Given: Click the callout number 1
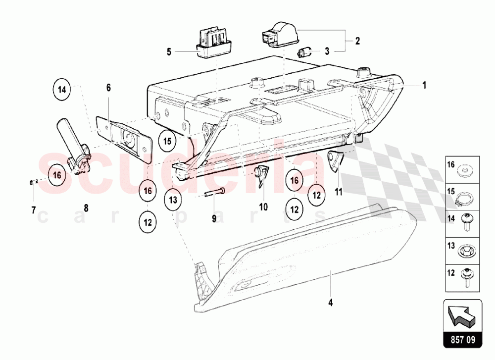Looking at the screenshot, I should [x=424, y=85].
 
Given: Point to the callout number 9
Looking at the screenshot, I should [x=214, y=218].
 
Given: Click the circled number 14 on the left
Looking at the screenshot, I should [x=62, y=90].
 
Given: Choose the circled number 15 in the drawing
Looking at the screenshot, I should [x=168, y=141].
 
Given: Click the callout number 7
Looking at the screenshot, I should [x=34, y=210].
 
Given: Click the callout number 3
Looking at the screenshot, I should [x=327, y=51].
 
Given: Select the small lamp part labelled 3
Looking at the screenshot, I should [x=304, y=52].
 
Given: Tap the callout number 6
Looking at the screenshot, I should [x=108, y=88].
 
